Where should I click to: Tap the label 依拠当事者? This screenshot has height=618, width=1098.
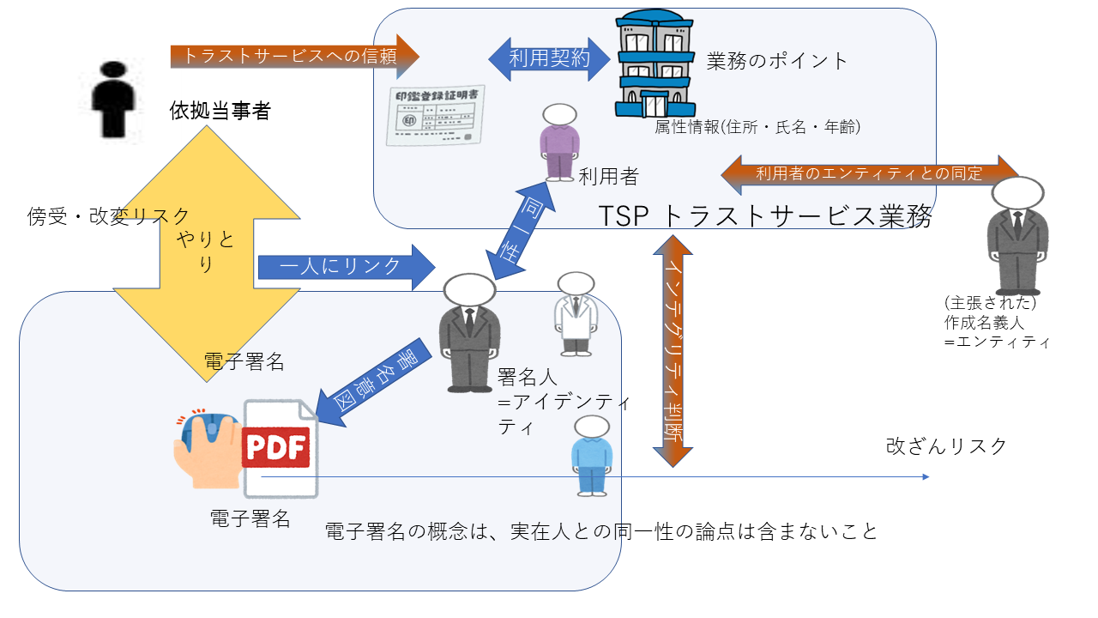coord(220,111)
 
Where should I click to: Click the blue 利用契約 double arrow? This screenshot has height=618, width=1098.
coord(549,58)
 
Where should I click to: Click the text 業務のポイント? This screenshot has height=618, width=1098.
coord(777,61)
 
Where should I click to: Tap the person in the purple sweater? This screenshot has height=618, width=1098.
coord(559,141)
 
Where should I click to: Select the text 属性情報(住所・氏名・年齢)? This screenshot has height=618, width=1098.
coord(757,127)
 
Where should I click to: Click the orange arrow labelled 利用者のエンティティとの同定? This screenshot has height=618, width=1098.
coord(869,173)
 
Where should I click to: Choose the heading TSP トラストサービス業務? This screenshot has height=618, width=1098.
coord(765,216)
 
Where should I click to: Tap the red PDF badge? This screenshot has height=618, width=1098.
coord(275,446)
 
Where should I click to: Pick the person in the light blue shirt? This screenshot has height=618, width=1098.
coord(592,455)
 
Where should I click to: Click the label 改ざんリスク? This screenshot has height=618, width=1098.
coord(946,446)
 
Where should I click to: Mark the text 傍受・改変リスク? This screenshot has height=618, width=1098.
coord(108,215)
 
